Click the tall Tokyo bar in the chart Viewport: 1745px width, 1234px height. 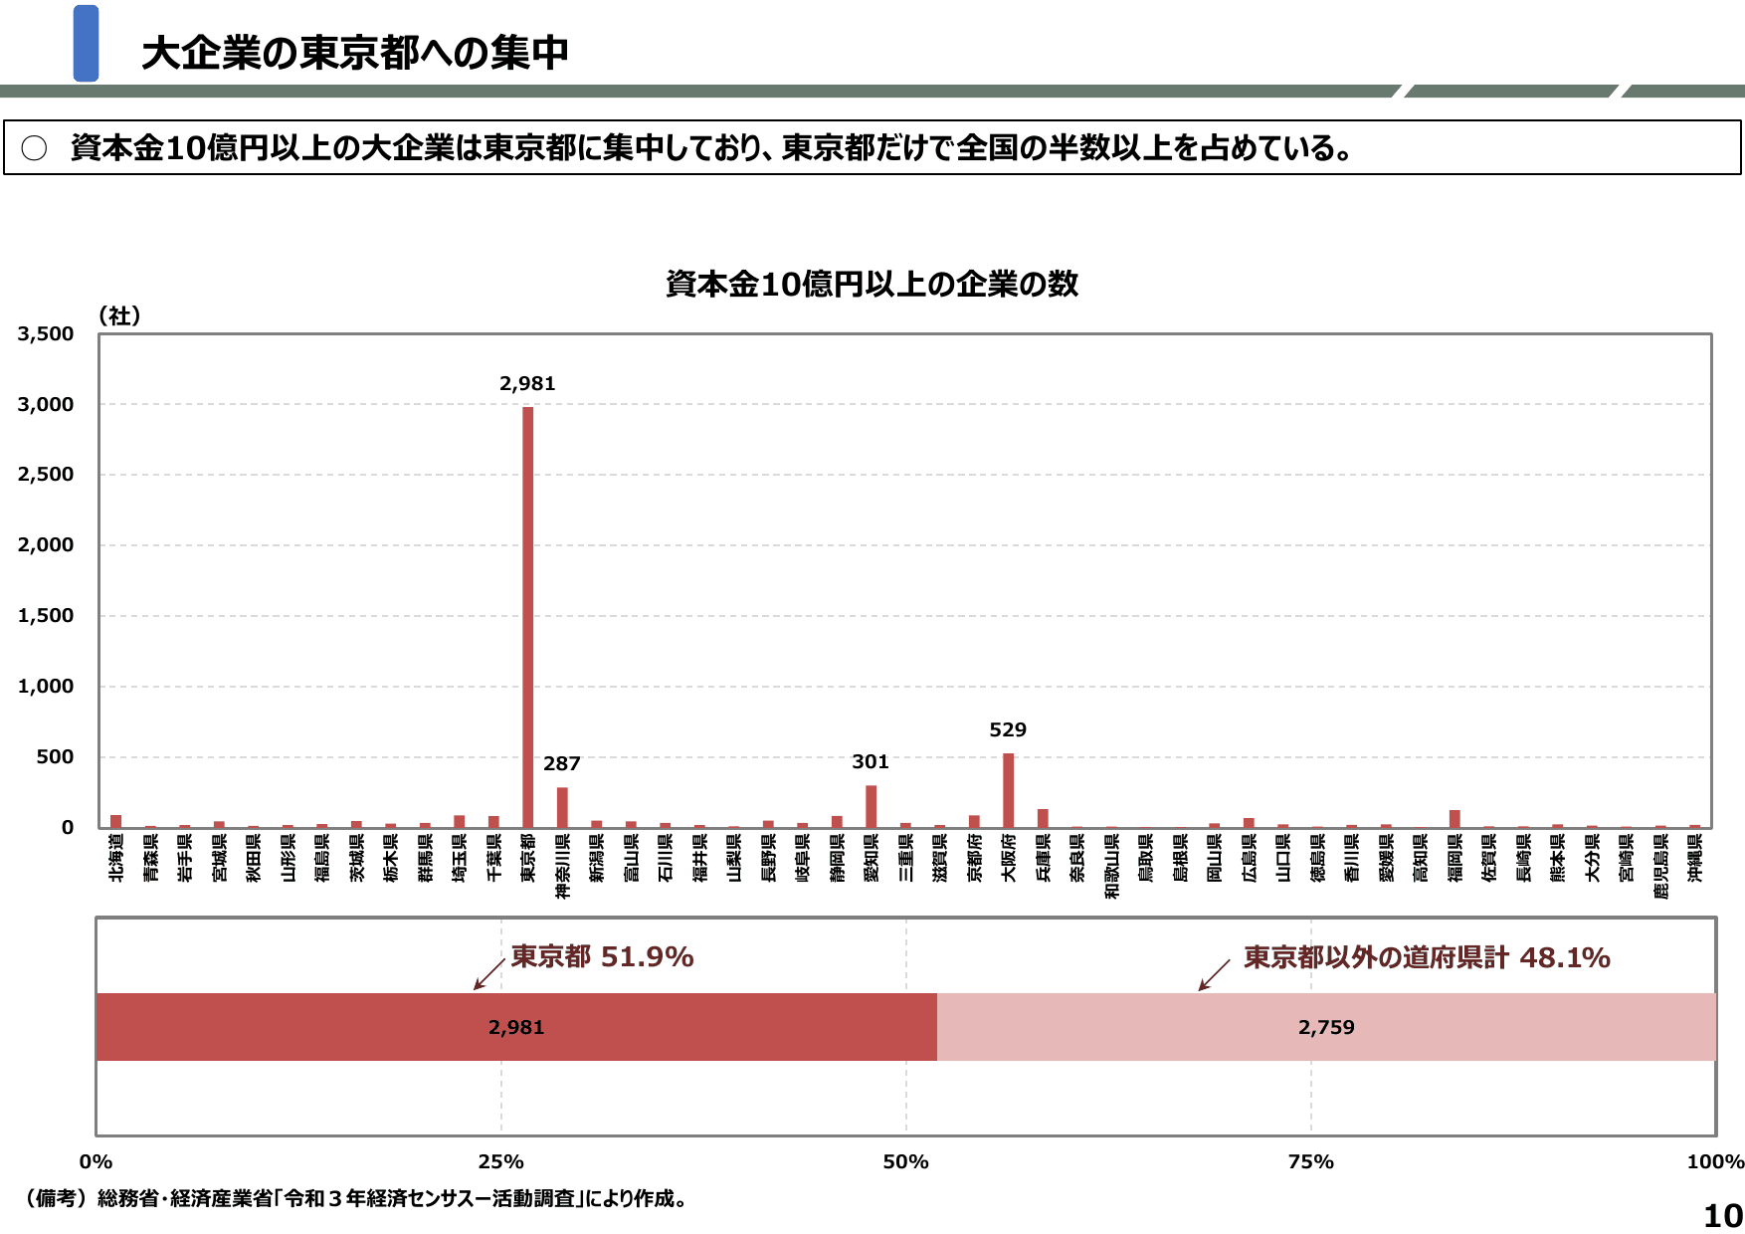(x=527, y=617)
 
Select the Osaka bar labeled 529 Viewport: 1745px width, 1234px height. (x=1008, y=790)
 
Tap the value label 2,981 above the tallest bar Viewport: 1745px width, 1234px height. (x=527, y=384)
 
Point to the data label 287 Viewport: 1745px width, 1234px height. (x=561, y=764)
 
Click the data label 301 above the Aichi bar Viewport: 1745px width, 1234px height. (x=871, y=762)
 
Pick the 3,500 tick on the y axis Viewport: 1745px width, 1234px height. (x=46, y=334)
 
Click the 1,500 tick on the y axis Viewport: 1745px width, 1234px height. (x=46, y=616)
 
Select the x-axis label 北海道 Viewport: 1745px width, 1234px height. (x=116, y=858)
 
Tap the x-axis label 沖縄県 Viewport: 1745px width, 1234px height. (x=1694, y=858)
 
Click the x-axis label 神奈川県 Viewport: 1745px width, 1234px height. (x=562, y=866)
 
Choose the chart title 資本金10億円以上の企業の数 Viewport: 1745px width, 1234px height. (x=872, y=285)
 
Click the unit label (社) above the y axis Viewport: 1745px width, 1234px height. (x=119, y=315)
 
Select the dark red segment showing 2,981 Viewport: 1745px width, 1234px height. (x=516, y=1027)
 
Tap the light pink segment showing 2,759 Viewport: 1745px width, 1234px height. (x=1326, y=1027)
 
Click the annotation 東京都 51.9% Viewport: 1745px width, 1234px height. (x=602, y=957)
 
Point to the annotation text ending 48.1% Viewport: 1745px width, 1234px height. (x=1427, y=957)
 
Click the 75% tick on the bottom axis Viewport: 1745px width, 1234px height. (x=1310, y=1162)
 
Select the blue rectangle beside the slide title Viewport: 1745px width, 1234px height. (x=87, y=43)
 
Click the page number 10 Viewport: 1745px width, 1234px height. (x=1723, y=1216)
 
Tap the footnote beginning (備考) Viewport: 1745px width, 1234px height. (x=358, y=1198)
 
